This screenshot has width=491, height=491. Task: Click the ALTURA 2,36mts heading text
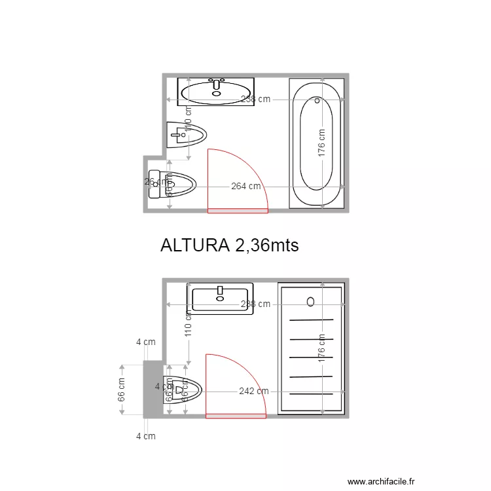(x=229, y=245)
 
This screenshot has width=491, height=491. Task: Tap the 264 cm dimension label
(x=245, y=187)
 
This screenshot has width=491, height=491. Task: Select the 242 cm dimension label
(x=253, y=391)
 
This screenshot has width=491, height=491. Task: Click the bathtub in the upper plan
(x=317, y=143)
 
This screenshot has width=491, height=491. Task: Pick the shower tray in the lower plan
(x=311, y=349)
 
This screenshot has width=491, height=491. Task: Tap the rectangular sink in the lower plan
(x=221, y=298)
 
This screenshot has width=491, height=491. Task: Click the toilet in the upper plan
(x=173, y=185)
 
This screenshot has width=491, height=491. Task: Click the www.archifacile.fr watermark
(x=381, y=482)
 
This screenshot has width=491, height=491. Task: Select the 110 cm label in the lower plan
(x=188, y=324)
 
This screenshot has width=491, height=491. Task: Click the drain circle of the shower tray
(x=310, y=301)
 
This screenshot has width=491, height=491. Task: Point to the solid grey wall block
(x=153, y=390)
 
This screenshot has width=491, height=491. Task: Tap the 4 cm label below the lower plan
(x=145, y=436)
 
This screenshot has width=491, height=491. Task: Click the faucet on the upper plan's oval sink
(x=216, y=84)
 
